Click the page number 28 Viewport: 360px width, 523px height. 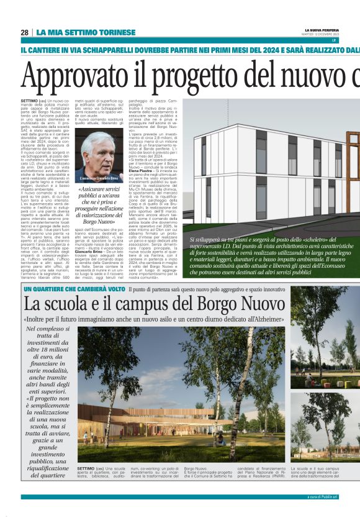(24, 32)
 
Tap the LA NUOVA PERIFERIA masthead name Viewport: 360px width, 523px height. (321, 30)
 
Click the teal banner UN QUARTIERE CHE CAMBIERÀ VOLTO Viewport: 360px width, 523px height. (74, 289)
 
